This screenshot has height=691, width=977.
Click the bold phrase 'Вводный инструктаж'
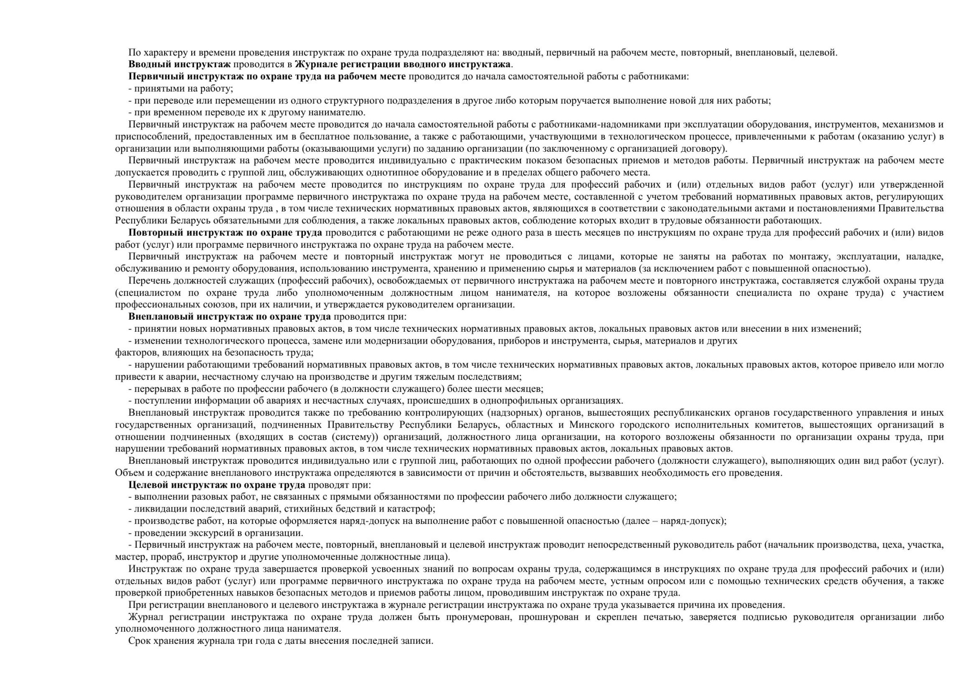[179, 64]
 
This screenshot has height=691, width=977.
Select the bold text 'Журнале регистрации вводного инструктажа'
[403, 64]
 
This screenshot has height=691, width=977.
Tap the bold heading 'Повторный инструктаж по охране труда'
[225, 233]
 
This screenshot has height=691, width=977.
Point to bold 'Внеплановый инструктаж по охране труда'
[229, 317]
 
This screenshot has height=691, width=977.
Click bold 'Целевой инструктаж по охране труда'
[217, 485]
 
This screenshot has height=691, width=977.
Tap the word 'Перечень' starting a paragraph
[146, 281]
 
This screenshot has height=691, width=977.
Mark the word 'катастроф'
[412, 509]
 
